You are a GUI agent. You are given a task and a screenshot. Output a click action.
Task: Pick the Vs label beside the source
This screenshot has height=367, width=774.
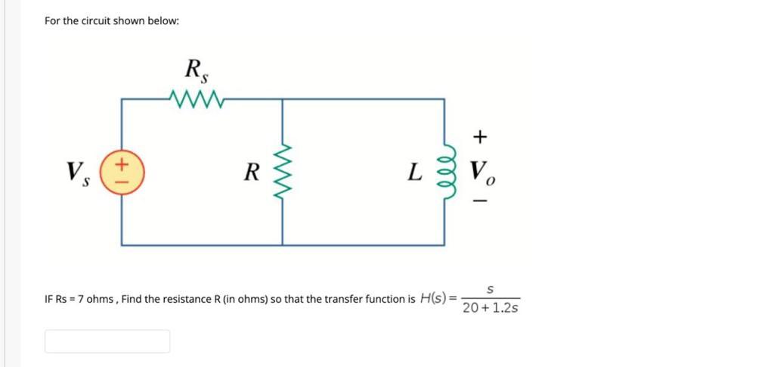coord(77,173)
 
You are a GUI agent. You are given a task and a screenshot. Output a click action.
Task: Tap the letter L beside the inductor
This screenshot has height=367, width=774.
coord(413,173)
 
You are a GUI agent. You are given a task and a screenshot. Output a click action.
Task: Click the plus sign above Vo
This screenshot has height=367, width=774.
coord(480,137)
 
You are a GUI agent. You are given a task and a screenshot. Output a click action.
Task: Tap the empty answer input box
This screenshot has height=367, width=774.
coord(107,341)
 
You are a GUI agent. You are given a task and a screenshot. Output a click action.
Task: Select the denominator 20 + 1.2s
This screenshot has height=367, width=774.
coord(490,308)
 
